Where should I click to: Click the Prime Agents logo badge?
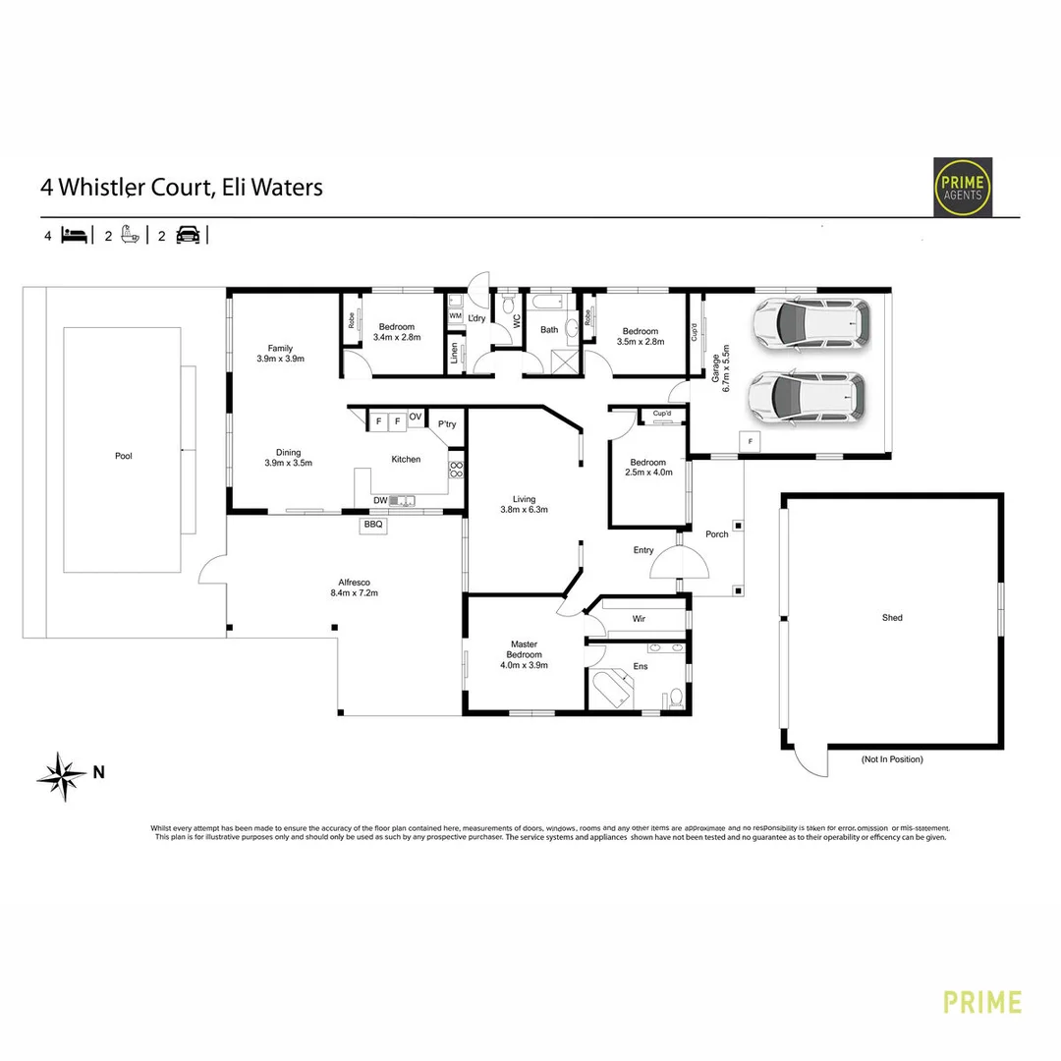coord(962,187)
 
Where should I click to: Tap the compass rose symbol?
coord(61,776)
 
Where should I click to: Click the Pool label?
coord(123,456)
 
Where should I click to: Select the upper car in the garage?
coord(810,323)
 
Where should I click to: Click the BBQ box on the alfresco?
coord(373,526)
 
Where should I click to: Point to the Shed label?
coord(892,618)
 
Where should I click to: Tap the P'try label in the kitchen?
coord(447,424)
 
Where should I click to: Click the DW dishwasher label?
coord(380,500)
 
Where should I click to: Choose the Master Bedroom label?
coord(524,649)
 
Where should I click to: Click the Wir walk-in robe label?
coord(638,620)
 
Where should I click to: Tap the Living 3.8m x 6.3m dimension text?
coord(523,510)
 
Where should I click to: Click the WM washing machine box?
coord(455,315)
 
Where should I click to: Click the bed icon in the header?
coord(75,236)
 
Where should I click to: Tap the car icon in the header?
coord(188,236)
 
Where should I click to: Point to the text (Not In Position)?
coord(891,759)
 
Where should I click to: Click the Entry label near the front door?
coord(643,550)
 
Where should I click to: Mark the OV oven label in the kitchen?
coord(416,418)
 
